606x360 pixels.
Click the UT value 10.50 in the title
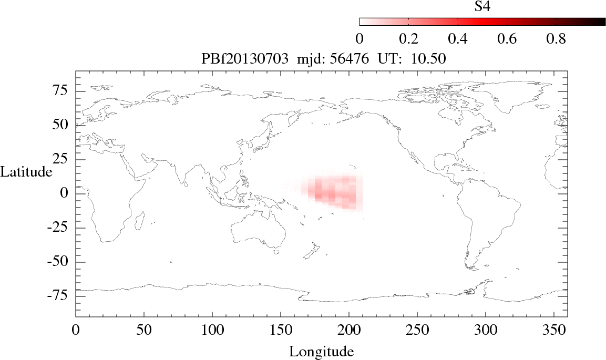pyautogui.click(x=430, y=59)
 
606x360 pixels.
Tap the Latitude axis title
pyautogui.click(x=26, y=171)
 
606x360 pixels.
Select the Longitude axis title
pyautogui.click(x=321, y=351)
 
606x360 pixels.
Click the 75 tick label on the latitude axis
pyautogui.click(x=63, y=91)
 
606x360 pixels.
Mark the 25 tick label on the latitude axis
pyautogui.click(x=63, y=159)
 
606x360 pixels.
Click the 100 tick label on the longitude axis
pyautogui.click(x=212, y=331)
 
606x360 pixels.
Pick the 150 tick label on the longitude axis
pyautogui.click(x=280, y=331)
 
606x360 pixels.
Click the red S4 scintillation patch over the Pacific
pyautogui.click(x=334, y=192)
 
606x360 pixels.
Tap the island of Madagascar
pyautogui.click(x=140, y=221)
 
